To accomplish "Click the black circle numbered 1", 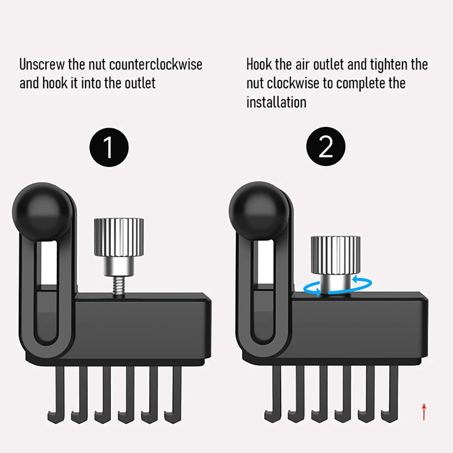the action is [109, 147].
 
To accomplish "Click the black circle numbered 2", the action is [326, 146].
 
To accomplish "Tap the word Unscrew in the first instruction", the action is [42, 64].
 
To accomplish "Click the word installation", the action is [276, 102].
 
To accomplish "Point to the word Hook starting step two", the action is [259, 64].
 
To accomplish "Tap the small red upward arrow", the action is [424, 412].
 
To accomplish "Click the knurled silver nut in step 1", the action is [119, 237].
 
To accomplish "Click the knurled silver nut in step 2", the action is [335, 255].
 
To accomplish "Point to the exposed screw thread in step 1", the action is [118, 285].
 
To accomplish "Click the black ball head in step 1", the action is [42, 212].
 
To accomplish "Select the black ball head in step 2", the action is [259, 212].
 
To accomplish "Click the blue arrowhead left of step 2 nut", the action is [318, 292].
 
